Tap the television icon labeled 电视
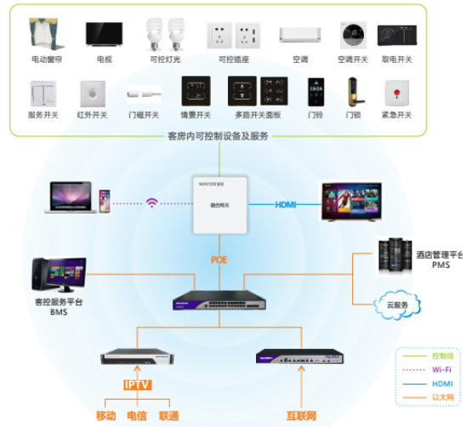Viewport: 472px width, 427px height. click(x=104, y=35)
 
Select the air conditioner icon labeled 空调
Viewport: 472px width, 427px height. click(x=299, y=35)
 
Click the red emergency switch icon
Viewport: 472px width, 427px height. click(x=397, y=91)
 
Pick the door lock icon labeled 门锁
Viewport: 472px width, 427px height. click(x=353, y=91)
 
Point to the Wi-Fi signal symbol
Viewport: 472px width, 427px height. click(x=152, y=203)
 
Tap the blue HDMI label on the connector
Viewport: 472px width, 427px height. click(x=286, y=204)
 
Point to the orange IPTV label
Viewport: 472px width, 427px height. click(x=137, y=384)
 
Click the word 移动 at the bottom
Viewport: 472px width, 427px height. click(x=106, y=415)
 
